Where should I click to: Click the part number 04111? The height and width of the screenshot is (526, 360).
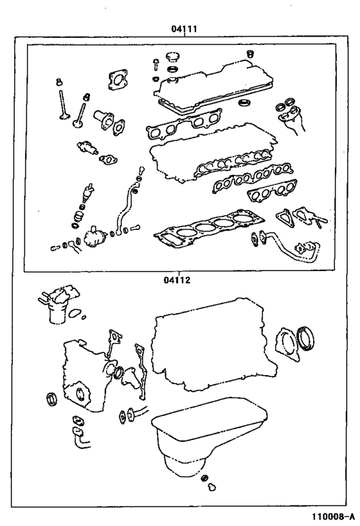pos(184,29)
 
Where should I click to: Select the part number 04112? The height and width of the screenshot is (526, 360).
pos(177,279)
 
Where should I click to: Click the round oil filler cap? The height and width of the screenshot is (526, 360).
pos(174,57)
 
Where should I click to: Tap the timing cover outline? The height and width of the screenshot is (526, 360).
pos(84,376)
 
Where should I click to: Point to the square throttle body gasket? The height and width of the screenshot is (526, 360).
pos(118,80)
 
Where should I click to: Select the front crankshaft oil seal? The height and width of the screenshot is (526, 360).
pos(51,399)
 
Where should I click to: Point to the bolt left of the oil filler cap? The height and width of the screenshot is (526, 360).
pos(156,64)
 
